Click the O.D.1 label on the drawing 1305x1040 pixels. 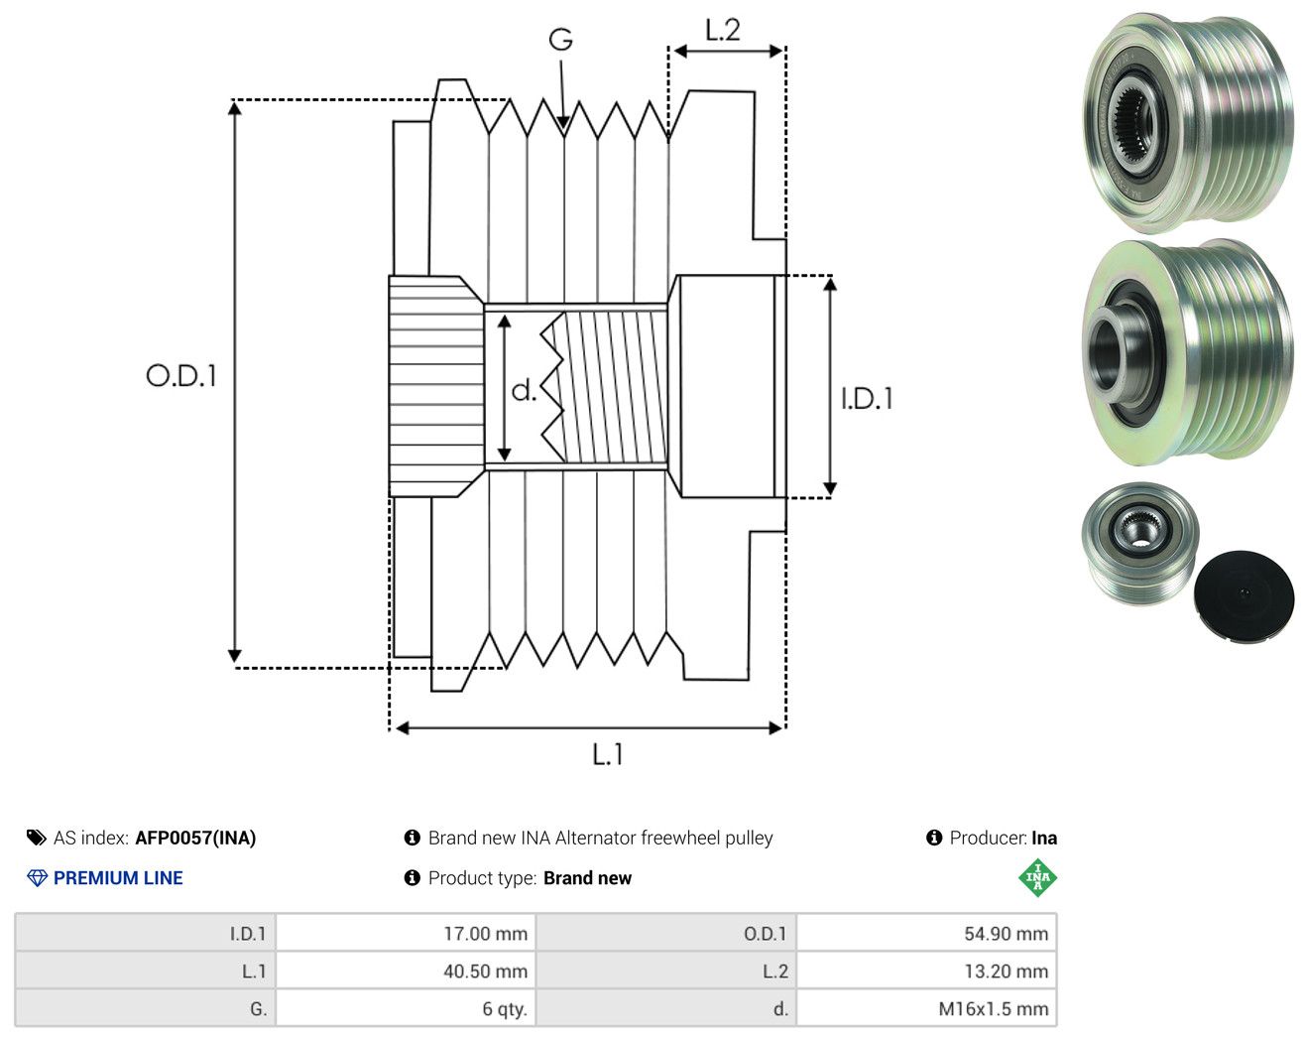[x=181, y=375]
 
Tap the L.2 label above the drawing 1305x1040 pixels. [x=723, y=30]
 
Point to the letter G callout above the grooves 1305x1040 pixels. [x=560, y=40]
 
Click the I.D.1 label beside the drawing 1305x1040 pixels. [x=867, y=399]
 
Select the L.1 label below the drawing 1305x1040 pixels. [x=608, y=754]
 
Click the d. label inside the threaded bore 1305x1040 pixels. [x=524, y=390]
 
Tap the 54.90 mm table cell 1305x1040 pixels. [x=1007, y=933]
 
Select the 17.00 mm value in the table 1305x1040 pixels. [x=485, y=933]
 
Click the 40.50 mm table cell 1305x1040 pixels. [x=485, y=971]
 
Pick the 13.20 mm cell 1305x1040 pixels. [x=1007, y=971]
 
